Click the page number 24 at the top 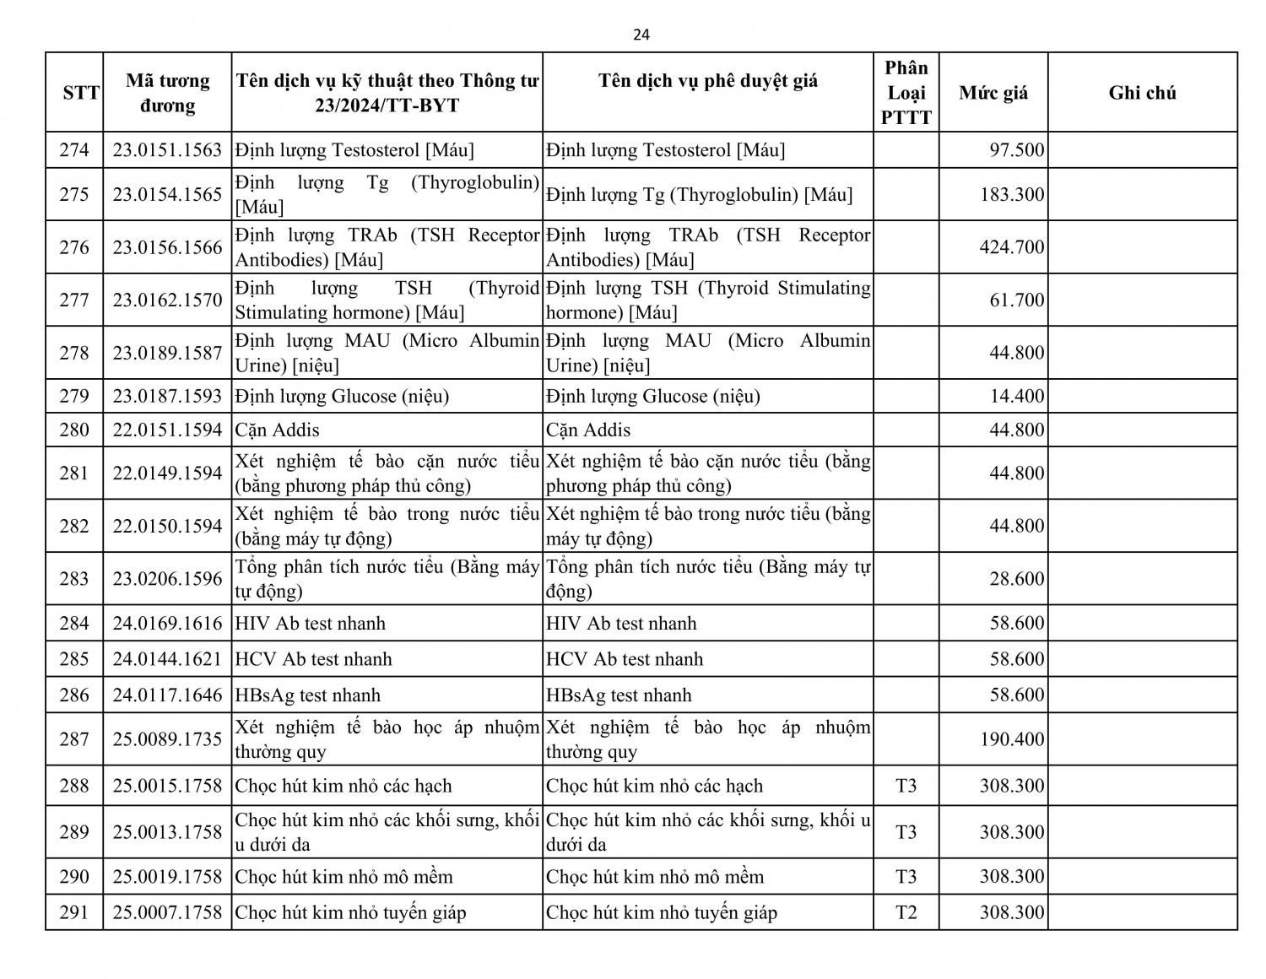click(x=641, y=35)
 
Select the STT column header click(x=81, y=93)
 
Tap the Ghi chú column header click(x=1142, y=93)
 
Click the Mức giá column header click(x=993, y=93)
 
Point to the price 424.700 click(x=1012, y=247)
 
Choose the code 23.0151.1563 click(x=167, y=150)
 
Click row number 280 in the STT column click(x=74, y=430)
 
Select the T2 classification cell click(x=906, y=912)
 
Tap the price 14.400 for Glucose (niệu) click(x=1017, y=396)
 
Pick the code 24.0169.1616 click(x=167, y=624)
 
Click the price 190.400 click(x=1012, y=739)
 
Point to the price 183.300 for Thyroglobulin click(x=1012, y=195)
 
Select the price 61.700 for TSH click(x=1017, y=300)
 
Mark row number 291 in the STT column click(x=74, y=912)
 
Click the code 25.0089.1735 click(x=167, y=739)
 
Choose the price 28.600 click(x=1017, y=579)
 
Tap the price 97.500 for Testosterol click(x=1017, y=150)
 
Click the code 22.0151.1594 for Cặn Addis click(x=167, y=430)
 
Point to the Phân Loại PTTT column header click(x=906, y=93)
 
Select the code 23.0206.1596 click(x=167, y=579)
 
